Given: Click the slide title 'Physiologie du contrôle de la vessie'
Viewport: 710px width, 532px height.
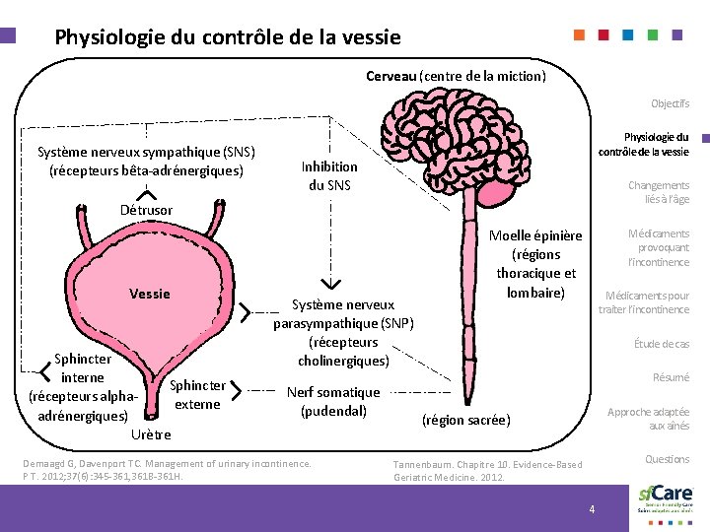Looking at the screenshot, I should tap(228, 38).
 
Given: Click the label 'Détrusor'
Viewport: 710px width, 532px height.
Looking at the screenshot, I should tap(146, 210).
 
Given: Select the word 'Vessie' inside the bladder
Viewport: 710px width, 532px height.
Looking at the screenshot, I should tap(150, 294).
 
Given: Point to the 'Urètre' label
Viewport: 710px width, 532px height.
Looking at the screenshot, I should tap(150, 433).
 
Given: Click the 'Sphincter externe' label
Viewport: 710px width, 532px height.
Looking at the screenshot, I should tap(197, 394).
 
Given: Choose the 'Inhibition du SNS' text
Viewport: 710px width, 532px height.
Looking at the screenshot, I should tap(329, 176).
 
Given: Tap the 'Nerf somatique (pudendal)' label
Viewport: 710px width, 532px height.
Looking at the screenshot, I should tap(333, 401).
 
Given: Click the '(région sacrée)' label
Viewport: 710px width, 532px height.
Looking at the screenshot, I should tap(465, 420).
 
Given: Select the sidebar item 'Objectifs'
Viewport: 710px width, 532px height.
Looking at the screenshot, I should tap(670, 103).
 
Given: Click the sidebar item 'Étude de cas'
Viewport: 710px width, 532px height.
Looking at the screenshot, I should tap(661, 344).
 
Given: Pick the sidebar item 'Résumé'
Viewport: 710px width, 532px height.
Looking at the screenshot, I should tap(671, 377).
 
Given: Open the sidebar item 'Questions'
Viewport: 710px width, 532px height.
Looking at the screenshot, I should tap(667, 459).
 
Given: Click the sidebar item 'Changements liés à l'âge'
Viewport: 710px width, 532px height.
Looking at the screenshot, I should tap(659, 192).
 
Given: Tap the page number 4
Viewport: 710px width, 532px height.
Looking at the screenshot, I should tap(592, 508).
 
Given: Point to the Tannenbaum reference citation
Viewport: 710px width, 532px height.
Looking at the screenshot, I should tap(487, 470).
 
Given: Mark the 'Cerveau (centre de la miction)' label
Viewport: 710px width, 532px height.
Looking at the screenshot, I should tap(456, 75).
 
